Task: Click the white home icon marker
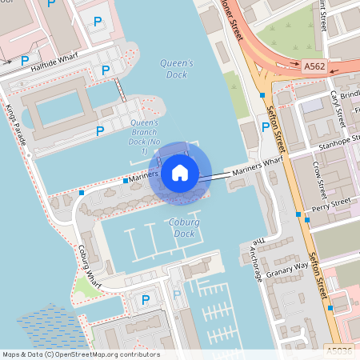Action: (179, 172)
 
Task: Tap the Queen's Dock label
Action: (178, 69)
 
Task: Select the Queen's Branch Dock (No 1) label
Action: (144, 137)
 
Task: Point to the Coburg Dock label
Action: (183, 227)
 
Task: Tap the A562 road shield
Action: (314, 70)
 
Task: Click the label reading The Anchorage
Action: (255, 260)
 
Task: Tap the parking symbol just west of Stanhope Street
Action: (265, 126)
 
